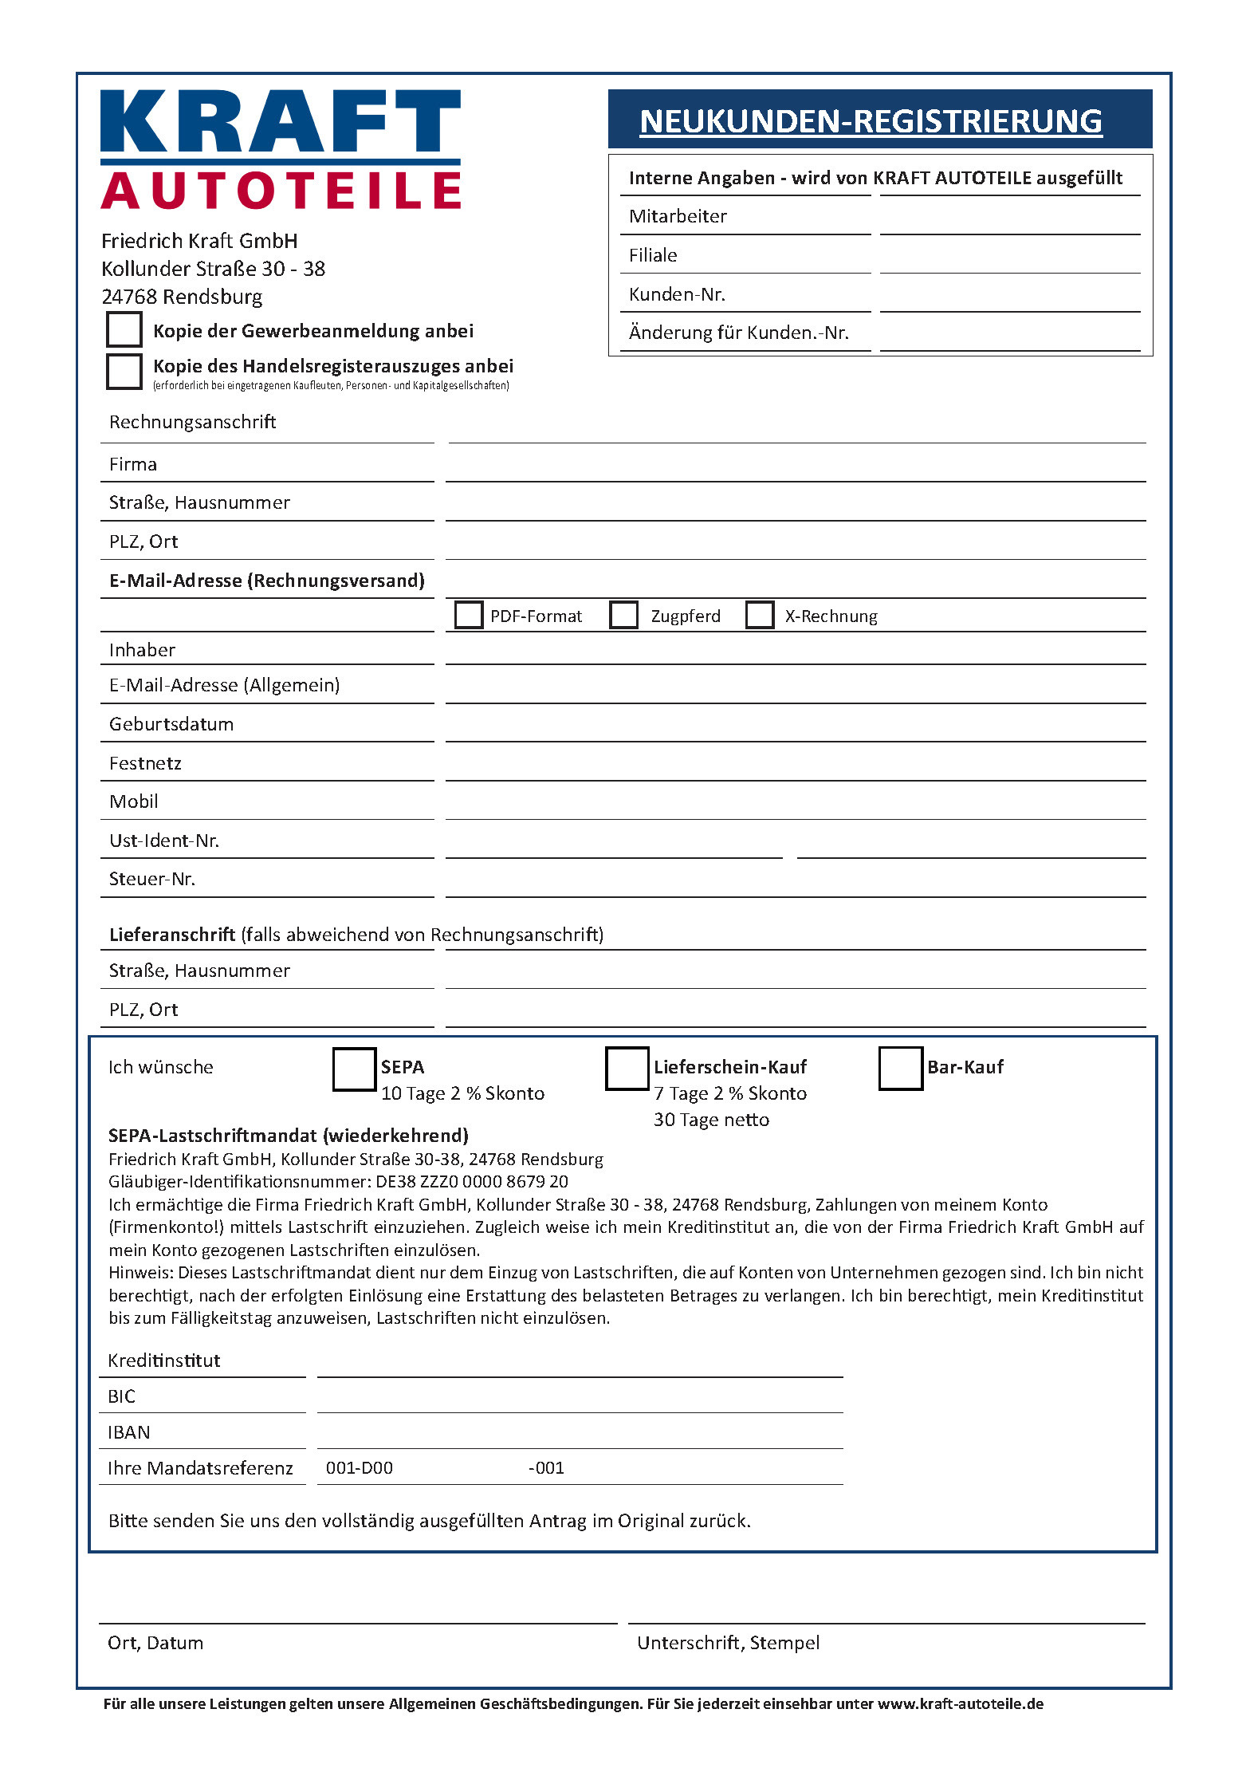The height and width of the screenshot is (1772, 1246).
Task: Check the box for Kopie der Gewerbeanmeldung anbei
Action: (124, 329)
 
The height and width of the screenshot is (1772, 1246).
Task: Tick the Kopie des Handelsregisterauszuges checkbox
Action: (124, 371)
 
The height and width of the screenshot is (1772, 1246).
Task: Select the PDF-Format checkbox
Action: (469, 615)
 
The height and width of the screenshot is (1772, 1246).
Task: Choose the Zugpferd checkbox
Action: (623, 615)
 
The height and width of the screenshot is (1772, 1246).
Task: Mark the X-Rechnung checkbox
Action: (760, 615)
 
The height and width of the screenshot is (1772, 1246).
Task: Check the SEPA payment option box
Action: (354, 1069)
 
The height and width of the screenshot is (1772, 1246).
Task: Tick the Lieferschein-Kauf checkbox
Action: (627, 1069)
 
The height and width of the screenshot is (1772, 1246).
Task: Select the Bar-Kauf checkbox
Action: (900, 1069)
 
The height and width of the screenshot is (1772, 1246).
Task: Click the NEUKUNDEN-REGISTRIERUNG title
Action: (871, 121)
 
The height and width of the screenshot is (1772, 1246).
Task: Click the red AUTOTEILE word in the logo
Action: (281, 191)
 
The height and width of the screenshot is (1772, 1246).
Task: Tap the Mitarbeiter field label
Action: (678, 216)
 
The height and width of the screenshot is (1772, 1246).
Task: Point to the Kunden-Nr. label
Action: (677, 294)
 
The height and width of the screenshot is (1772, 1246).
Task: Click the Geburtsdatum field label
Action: (171, 724)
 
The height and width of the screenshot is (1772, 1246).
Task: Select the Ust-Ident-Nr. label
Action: (164, 841)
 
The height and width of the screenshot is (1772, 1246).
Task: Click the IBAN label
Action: (129, 1432)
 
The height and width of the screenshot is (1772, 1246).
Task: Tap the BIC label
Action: (122, 1396)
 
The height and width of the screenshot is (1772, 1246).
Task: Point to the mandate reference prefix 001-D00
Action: (360, 1468)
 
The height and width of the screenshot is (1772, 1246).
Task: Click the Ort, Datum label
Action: (155, 1643)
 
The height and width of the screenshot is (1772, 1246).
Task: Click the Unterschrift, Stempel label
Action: (728, 1643)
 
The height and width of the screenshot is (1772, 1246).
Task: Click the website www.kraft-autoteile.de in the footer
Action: (961, 1704)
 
